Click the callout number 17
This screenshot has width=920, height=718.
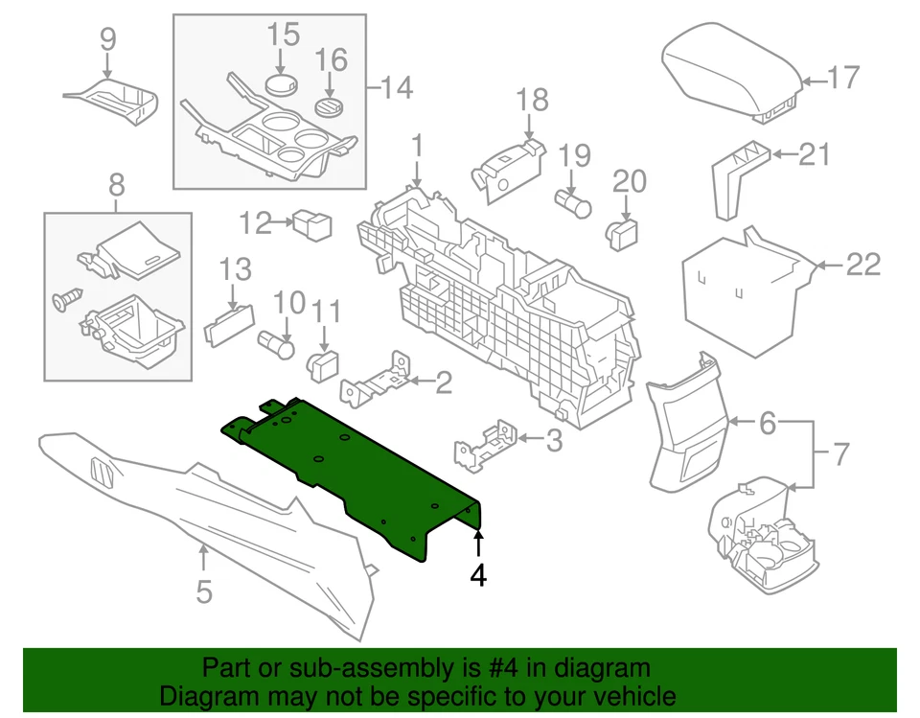click(x=844, y=77)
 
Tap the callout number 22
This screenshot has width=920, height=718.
click(x=862, y=264)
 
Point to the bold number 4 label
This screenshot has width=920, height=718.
click(x=478, y=575)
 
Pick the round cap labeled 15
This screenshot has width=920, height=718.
click(x=282, y=84)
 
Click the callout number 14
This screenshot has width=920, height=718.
click(x=397, y=89)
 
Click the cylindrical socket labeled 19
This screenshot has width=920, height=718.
click(x=574, y=201)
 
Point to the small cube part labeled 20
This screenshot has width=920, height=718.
click(x=623, y=230)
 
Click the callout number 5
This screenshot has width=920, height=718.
click(x=204, y=591)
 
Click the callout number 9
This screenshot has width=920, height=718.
click(x=107, y=38)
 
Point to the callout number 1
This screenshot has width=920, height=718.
click(x=417, y=147)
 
